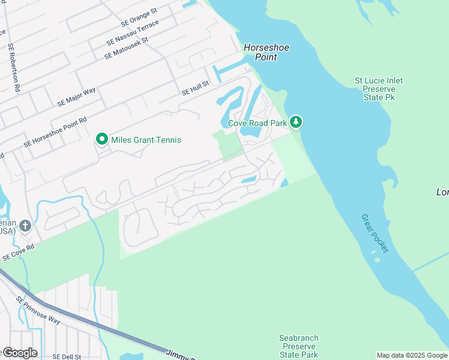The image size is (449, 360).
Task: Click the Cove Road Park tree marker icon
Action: pos(295,122)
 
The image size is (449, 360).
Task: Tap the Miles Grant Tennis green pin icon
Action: pos(101,140)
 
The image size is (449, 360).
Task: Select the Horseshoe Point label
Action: pos(261,52)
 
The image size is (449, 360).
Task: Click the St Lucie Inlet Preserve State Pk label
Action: pos(378,89)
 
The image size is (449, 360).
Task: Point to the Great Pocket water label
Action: pos(375,233)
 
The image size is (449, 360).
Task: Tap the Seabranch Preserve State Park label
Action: pos(298,347)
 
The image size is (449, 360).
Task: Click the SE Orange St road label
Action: pos(139,17)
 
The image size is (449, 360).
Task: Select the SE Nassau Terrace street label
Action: pos(133,33)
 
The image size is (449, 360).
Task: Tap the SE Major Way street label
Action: pos(76,97)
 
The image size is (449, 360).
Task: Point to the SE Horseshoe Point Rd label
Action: pos(55,131)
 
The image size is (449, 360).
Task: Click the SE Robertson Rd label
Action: pos(14,67)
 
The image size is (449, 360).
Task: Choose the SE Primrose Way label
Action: pos(38,310)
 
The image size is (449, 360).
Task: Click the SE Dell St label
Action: pos(66,356)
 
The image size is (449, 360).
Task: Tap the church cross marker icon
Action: pos(25,226)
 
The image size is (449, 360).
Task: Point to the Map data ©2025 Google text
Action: pos(411,355)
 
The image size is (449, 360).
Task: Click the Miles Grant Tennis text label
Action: pos(146,140)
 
